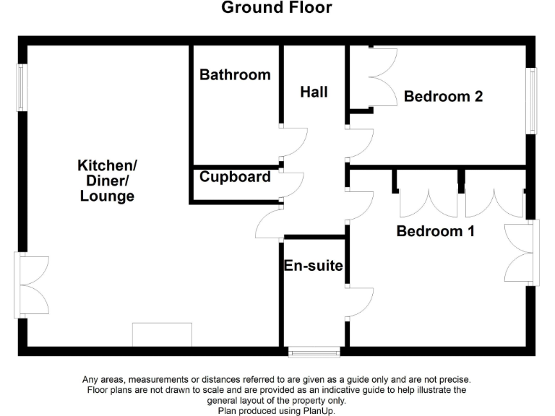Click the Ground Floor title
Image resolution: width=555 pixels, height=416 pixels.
(x=276, y=9)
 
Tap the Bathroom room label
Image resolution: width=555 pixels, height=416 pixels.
(x=235, y=74)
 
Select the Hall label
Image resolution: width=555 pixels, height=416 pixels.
(x=314, y=92)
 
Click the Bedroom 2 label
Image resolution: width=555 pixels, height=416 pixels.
(x=443, y=96)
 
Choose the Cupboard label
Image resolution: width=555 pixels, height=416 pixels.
(x=235, y=177)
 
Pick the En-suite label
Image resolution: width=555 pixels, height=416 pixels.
(x=313, y=266)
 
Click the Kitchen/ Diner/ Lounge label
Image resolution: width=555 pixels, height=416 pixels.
(x=106, y=181)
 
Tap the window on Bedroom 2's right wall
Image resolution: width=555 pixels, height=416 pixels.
(x=532, y=100)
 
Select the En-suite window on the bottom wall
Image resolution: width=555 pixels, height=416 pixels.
(x=314, y=352)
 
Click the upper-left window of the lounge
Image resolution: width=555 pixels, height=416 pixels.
(x=22, y=87)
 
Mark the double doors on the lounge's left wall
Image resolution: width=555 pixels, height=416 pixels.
(x=30, y=285)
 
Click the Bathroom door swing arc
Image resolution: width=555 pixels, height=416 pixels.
(x=295, y=142)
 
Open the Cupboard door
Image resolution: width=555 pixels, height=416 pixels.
(x=293, y=185)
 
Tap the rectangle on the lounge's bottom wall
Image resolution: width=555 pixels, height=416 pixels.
(x=162, y=334)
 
